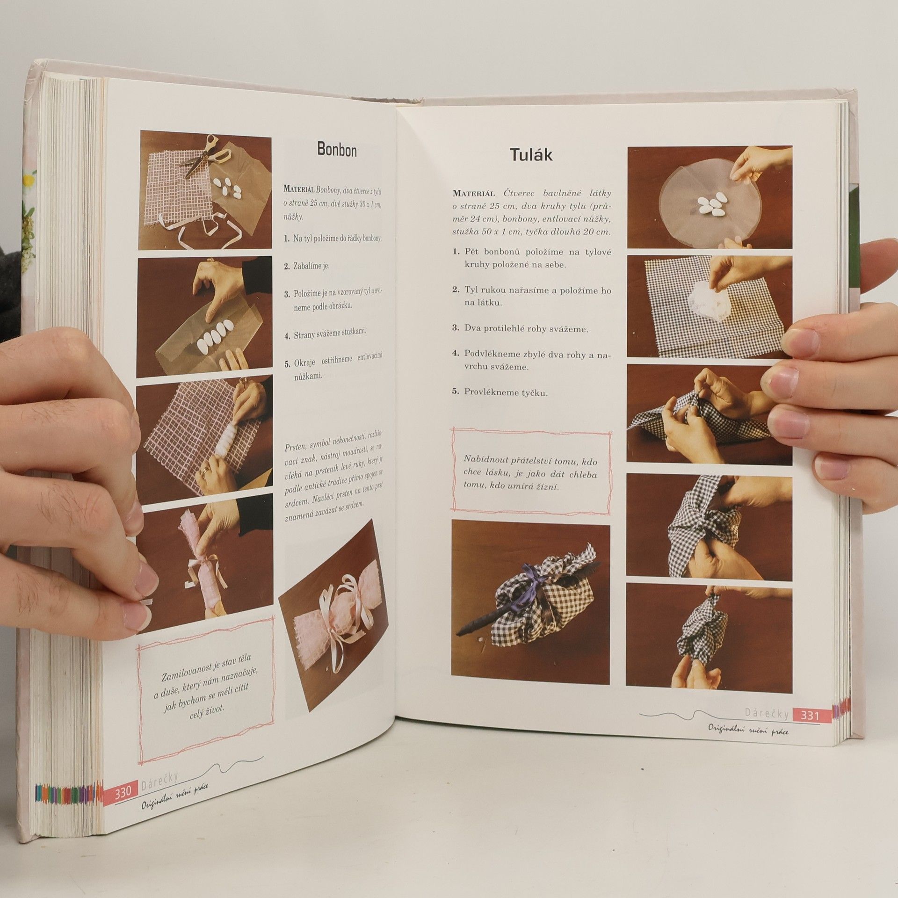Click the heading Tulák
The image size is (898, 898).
pyautogui.click(x=531, y=154)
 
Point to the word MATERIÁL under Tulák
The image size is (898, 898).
pyautogui.click(x=474, y=194)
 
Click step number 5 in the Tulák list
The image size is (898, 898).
pyautogui.click(x=455, y=392)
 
